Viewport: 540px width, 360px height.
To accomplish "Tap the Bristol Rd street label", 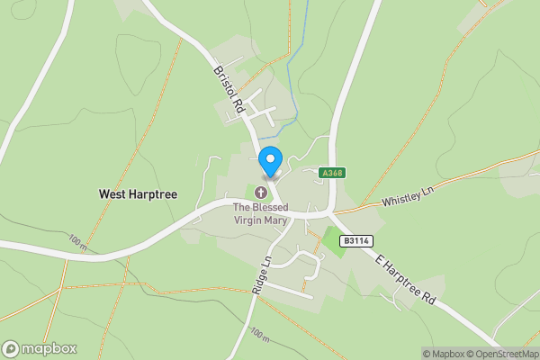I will [229, 88].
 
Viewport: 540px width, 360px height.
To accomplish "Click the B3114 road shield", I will [355, 241].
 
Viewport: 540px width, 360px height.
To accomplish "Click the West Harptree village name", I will [138, 194].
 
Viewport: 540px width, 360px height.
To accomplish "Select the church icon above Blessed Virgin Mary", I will [262, 192].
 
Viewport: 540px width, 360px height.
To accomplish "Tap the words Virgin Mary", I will [262, 219].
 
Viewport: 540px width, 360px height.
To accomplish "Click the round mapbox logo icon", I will [11, 349].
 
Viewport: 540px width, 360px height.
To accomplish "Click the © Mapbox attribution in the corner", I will [443, 354].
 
